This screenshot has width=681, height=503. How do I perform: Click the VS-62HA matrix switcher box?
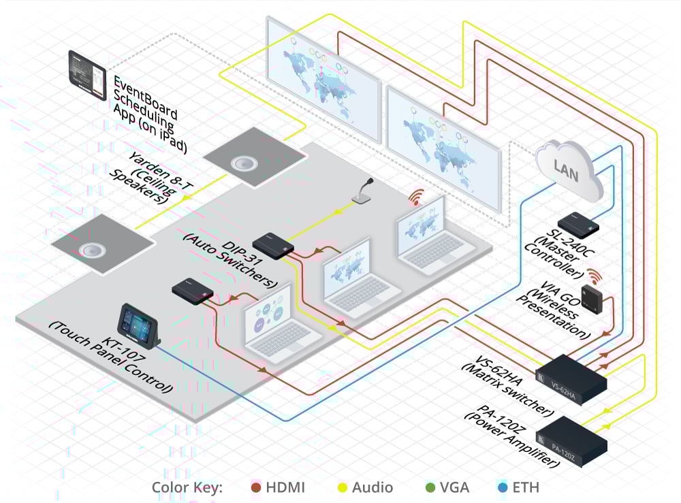[572, 376]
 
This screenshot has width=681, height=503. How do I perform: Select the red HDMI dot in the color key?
[256, 487]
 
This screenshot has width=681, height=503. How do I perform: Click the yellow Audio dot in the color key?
[345, 487]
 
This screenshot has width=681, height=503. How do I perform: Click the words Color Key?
[187, 487]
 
